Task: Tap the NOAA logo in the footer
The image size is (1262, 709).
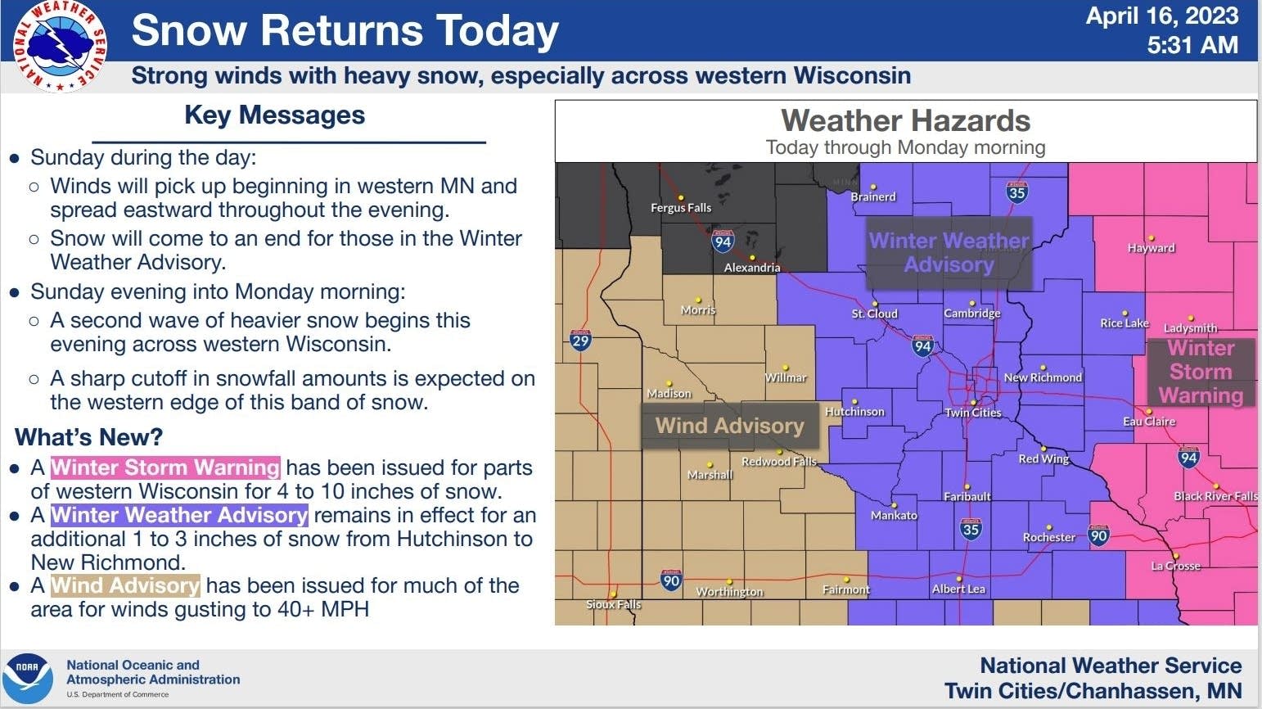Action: tap(29, 679)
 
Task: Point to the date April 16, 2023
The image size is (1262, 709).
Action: tap(1161, 16)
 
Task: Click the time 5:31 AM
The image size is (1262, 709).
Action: tap(1192, 45)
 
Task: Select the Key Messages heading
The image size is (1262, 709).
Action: tap(275, 115)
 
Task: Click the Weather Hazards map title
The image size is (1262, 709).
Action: tap(905, 121)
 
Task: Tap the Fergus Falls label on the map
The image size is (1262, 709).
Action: tap(681, 208)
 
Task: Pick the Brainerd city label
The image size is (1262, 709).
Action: tap(873, 196)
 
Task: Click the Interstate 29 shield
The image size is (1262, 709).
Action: tap(580, 341)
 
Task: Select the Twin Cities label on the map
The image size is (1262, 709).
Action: tap(973, 413)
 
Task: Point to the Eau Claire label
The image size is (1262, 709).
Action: tap(1149, 422)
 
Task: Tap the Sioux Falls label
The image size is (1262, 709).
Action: tap(614, 604)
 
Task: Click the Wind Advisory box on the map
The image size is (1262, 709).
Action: tap(729, 426)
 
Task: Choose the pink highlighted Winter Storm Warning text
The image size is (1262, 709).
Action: tap(165, 467)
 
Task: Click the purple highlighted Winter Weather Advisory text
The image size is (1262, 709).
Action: tap(179, 515)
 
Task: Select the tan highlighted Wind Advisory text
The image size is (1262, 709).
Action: tap(125, 585)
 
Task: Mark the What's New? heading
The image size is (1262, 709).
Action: tap(89, 437)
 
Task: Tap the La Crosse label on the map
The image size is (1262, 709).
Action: tap(1175, 566)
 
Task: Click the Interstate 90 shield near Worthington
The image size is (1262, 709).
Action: tap(671, 580)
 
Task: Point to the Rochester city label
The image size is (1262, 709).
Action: tap(1048, 537)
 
